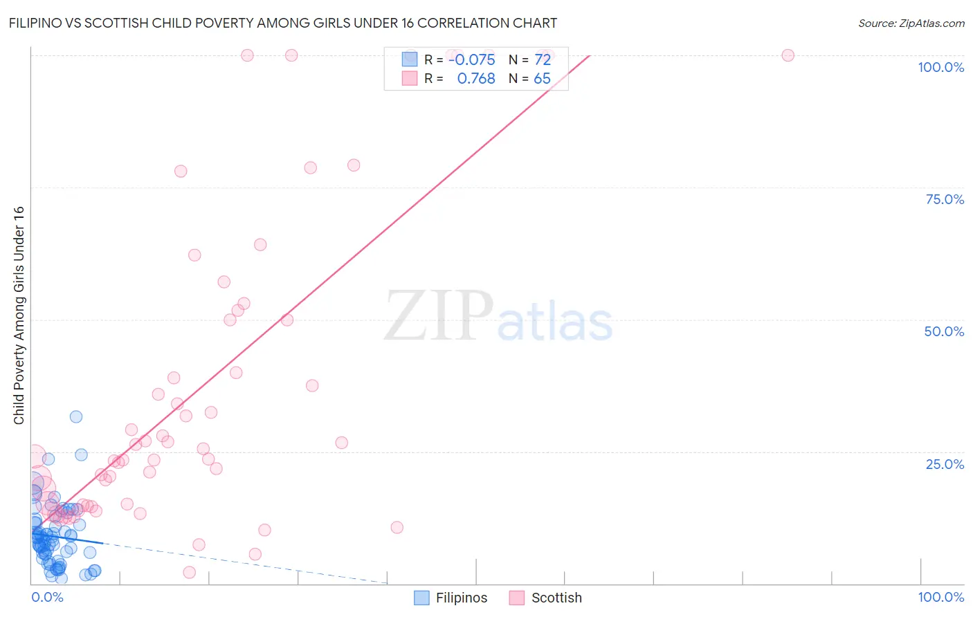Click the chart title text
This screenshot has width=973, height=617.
(x=282, y=24)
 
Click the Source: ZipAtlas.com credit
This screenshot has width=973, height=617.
(x=911, y=24)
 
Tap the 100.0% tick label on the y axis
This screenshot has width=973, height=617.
(x=940, y=67)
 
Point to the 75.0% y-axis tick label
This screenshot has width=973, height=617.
(x=945, y=199)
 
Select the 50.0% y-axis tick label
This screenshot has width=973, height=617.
(x=944, y=331)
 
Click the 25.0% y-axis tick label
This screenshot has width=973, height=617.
(x=945, y=464)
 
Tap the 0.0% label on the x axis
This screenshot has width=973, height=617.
(x=47, y=597)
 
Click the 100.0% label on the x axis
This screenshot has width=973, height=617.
(x=940, y=597)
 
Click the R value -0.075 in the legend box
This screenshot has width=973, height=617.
(x=471, y=59)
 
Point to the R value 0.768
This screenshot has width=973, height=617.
(x=476, y=79)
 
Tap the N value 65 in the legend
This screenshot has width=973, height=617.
(x=542, y=79)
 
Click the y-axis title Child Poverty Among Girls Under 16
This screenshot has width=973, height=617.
(x=19, y=315)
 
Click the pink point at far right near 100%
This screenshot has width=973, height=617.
(x=788, y=55)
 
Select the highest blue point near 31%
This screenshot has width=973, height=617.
(x=76, y=416)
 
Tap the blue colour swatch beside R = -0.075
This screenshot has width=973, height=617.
(x=410, y=59)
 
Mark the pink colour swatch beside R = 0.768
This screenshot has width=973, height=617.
(x=410, y=79)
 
